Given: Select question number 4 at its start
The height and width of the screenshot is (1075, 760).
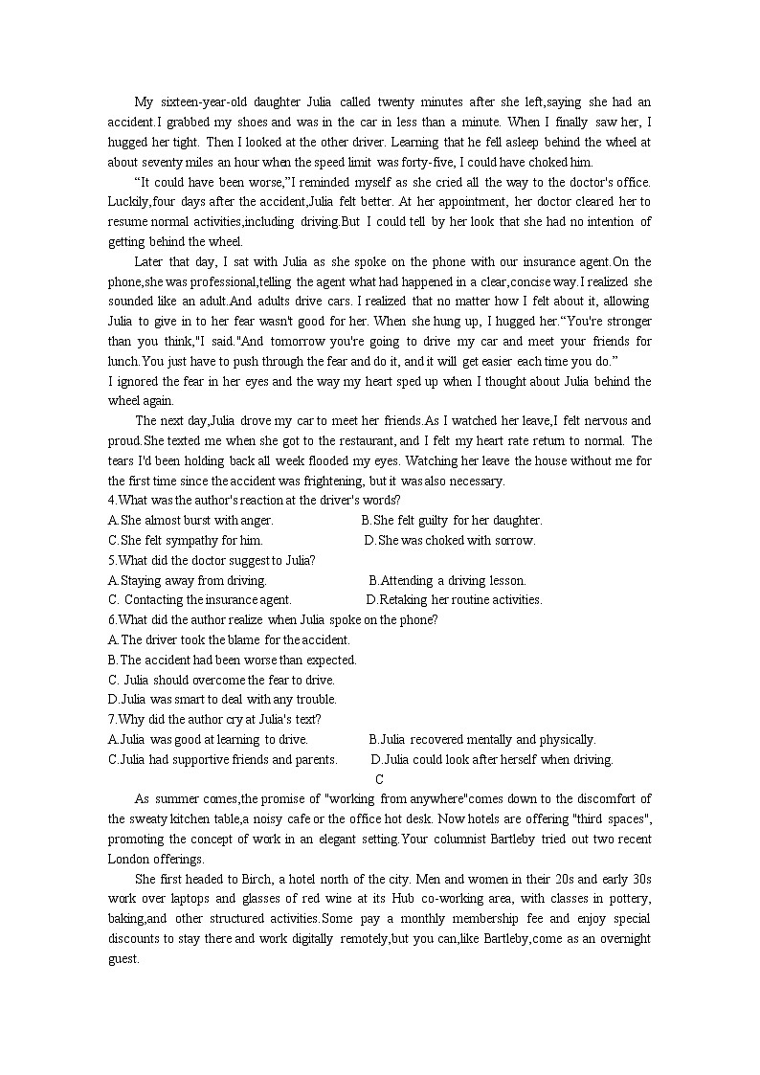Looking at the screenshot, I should coord(112,501).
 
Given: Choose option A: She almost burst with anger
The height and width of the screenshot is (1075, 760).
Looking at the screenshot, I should coord(190,521).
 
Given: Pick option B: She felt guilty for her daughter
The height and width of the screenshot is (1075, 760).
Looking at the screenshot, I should coord(451,521).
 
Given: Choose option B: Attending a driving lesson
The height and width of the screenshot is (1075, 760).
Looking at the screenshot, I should coord(447,580).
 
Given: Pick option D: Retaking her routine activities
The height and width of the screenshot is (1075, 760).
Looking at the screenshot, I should coord(454,600).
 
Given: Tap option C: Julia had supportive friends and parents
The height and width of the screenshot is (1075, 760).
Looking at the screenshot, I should coord(222,759).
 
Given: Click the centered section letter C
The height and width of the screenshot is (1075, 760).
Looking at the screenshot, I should coord(379,779).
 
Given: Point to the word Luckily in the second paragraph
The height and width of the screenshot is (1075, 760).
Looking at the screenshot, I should coord(128,202).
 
